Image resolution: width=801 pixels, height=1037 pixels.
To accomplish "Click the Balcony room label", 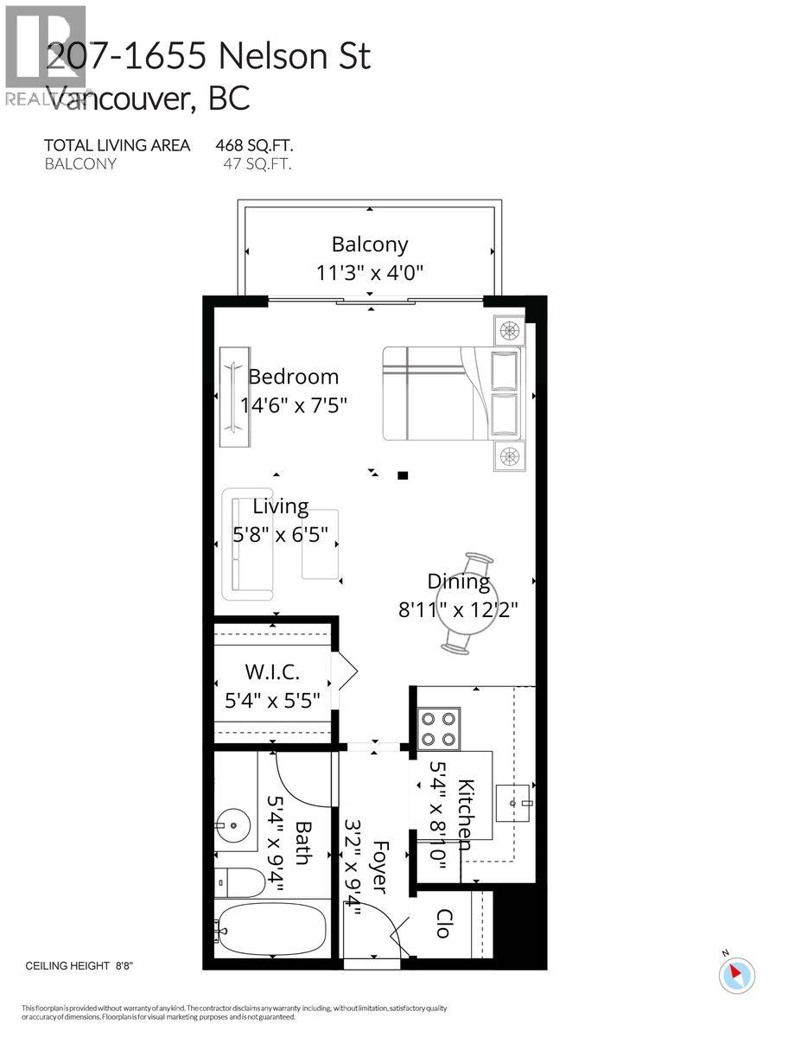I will [x=370, y=245].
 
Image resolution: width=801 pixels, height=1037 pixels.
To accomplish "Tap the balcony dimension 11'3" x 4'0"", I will [x=370, y=273].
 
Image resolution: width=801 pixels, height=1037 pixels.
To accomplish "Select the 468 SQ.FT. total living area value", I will [x=260, y=145].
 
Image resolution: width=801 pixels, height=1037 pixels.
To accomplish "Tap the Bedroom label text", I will [x=293, y=377].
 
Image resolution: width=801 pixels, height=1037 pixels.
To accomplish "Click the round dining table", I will [x=466, y=602].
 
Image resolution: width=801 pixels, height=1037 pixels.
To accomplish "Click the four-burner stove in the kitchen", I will [x=439, y=728].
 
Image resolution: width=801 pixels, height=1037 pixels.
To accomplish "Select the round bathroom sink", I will [x=233, y=826].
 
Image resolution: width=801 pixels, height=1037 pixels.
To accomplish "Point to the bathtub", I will [x=270, y=929].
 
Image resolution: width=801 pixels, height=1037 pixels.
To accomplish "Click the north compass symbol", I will [x=736, y=974].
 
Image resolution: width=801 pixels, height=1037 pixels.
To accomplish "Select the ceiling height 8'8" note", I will [x=80, y=966].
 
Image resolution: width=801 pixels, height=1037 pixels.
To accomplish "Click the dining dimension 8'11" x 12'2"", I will [x=457, y=610].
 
